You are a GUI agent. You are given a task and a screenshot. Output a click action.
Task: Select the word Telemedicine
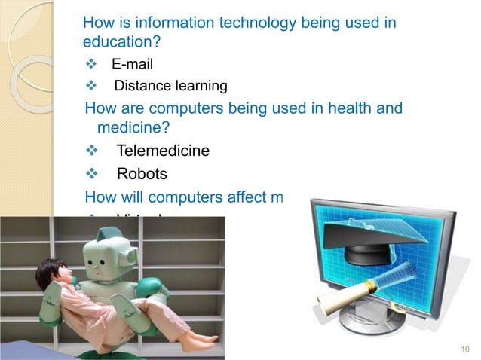click(x=163, y=151)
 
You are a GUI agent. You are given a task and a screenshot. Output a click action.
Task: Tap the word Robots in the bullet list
click(x=142, y=175)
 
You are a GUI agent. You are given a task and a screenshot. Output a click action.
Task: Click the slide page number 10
click(x=464, y=349)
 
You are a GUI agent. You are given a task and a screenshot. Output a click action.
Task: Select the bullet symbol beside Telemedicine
click(x=93, y=151)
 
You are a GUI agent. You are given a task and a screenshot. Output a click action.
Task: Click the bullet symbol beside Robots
click(x=93, y=175)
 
